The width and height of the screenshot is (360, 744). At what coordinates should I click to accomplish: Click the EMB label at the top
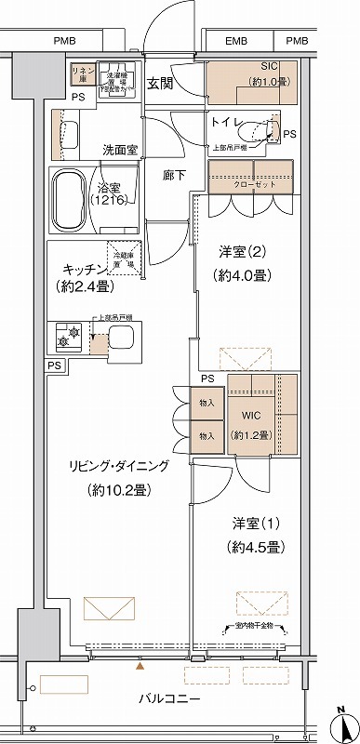point(236,41)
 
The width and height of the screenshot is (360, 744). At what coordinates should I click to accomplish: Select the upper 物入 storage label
point(207,402)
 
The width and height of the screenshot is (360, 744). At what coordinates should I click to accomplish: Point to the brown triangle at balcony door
point(140,666)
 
